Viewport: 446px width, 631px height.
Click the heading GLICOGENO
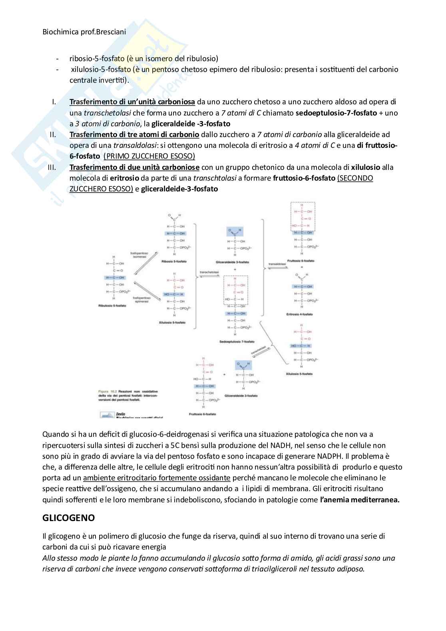click(68, 518)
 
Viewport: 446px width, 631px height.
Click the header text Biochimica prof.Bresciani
click(84, 32)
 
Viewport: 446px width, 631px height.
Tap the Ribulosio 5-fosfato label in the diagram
click(111, 306)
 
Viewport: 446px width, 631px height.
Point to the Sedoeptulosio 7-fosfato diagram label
click(237, 342)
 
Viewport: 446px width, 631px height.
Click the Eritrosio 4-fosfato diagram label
click(299, 314)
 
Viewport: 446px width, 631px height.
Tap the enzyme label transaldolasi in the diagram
click(277, 264)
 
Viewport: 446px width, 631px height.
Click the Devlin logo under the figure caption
click(107, 415)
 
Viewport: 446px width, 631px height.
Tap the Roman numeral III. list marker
click(52, 167)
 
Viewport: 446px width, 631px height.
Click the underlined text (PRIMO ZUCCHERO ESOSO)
click(149, 156)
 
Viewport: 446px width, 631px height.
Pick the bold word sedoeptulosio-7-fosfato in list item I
click(336, 113)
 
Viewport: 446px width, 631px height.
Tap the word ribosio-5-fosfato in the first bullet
click(97, 59)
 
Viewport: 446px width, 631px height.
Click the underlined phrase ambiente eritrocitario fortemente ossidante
click(157, 478)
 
